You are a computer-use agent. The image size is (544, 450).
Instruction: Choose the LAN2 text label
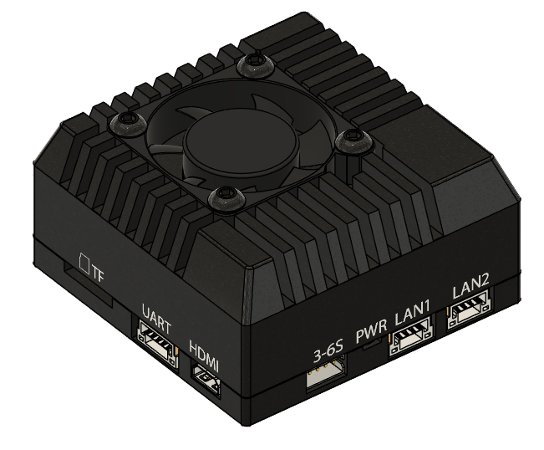pos(470,290)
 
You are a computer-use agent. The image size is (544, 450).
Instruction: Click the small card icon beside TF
pos(84,263)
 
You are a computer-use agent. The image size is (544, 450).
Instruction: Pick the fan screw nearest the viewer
pos(225,198)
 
